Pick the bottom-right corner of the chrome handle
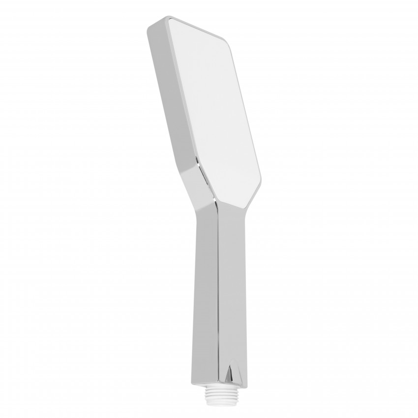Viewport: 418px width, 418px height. [245, 386]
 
